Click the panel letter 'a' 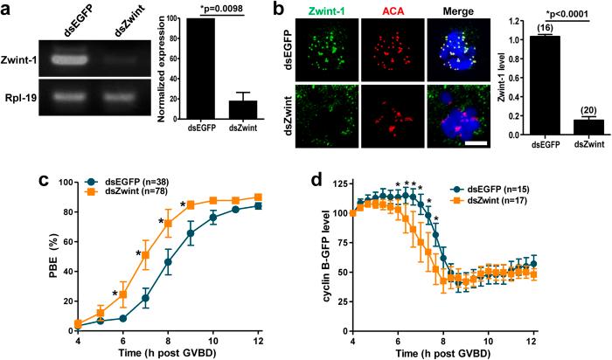10,11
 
